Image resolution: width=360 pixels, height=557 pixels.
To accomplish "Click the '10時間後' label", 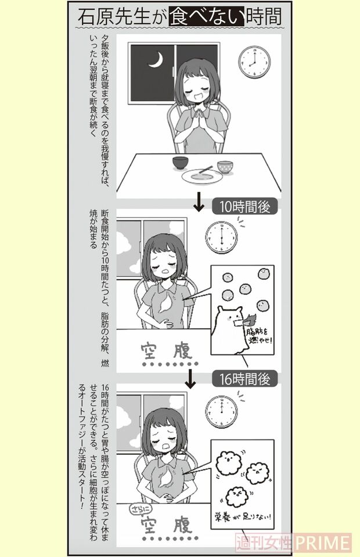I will pyautogui.click(x=244, y=206).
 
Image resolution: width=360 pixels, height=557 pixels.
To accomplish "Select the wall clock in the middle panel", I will pyautogui.click(x=221, y=238).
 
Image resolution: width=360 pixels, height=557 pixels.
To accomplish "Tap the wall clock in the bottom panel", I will pyautogui.click(x=221, y=409).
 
